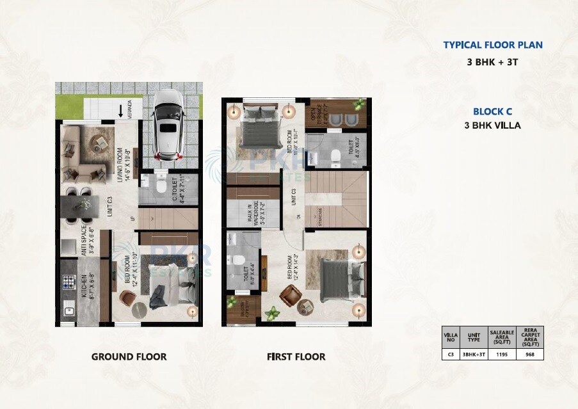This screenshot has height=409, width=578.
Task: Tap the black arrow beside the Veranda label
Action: tap(122, 111)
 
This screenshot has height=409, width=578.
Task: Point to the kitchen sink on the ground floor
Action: tap(68, 312)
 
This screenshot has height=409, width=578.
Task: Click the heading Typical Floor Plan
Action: tap(493, 45)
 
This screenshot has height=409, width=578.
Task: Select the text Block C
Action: tap(492, 111)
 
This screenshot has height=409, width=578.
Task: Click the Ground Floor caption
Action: tap(129, 357)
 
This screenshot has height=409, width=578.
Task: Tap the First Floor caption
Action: tap(296, 357)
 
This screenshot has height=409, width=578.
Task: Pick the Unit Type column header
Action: tap(473, 336)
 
